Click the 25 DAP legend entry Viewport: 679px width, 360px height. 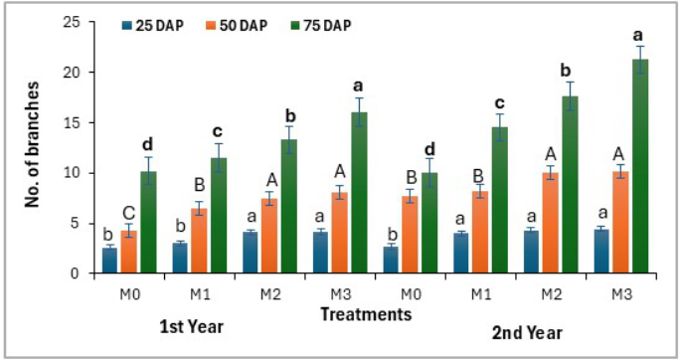click(x=153, y=26)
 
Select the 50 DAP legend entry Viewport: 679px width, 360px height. click(x=237, y=26)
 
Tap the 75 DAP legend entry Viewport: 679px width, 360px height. click(x=320, y=26)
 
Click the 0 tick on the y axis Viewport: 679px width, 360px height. click(x=81, y=273)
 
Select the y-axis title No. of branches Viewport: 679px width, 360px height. click(x=32, y=144)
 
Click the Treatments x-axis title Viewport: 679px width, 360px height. click(x=366, y=314)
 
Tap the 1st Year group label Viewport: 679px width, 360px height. click(x=191, y=326)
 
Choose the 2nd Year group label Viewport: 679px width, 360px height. click(x=527, y=333)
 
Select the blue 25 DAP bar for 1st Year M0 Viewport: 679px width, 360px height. click(x=109, y=261)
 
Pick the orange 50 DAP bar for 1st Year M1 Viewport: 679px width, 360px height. click(x=199, y=241)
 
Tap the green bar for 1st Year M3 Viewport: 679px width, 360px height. click(x=360, y=193)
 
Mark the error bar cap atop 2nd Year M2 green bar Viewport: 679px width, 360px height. click(x=571, y=82)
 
